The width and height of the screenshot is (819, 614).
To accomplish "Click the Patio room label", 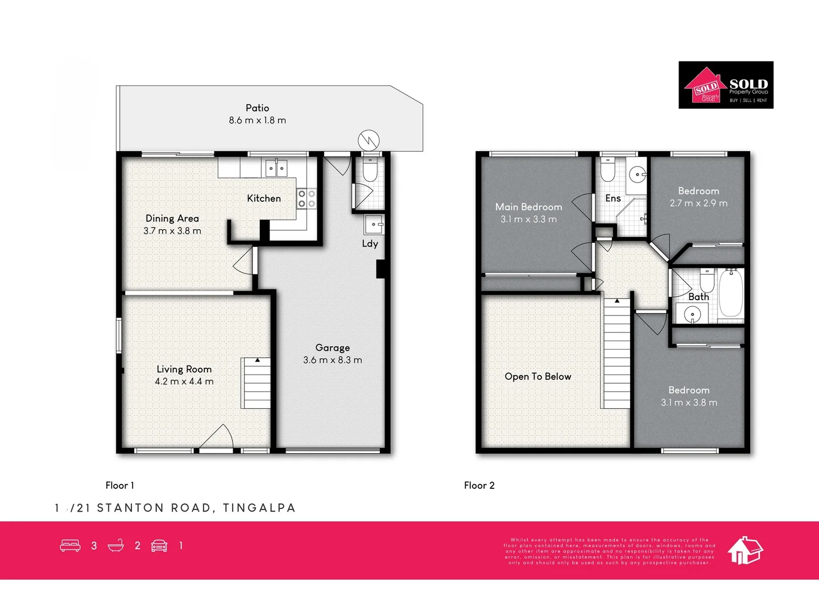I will click(257, 108).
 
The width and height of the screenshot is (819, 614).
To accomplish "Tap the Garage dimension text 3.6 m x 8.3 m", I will click(332, 360).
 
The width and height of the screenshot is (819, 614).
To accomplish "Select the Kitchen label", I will click(263, 198).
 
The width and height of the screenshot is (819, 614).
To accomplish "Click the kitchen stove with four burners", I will click(307, 199).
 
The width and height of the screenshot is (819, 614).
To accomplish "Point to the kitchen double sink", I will click(276, 168).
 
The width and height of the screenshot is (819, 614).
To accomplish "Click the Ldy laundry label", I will click(370, 244).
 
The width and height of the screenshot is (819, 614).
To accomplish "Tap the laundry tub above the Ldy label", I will click(374, 225).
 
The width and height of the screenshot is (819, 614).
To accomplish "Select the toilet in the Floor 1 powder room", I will click(370, 170).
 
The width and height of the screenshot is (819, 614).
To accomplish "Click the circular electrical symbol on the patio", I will click(369, 140).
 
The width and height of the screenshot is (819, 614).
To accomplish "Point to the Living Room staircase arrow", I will click(258, 360).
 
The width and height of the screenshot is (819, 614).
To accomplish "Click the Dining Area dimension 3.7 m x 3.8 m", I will click(172, 231).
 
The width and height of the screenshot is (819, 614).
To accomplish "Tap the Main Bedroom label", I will click(528, 207).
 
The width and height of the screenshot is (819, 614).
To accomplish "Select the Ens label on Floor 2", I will click(613, 198).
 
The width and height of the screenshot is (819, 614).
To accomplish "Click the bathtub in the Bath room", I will click(731, 293).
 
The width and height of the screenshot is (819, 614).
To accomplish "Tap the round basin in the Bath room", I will click(692, 313).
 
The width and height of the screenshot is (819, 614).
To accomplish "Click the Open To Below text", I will click(537, 376).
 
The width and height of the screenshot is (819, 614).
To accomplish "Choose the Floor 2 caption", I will click(479, 486).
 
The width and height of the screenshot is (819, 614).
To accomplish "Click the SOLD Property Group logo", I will click(726, 85).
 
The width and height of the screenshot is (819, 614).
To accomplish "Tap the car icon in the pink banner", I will click(159, 546).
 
